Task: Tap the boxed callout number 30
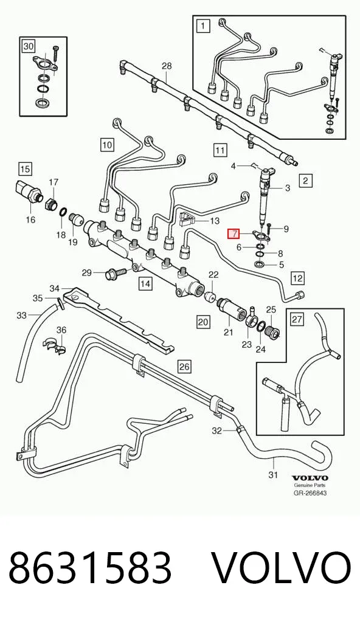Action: tap(29, 47)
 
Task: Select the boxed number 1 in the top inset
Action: tap(202, 26)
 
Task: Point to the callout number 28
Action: tap(167, 66)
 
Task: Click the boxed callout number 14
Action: tap(145, 283)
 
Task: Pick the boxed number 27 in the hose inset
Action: tap(297, 319)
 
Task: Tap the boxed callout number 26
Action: tap(184, 367)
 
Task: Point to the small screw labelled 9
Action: tap(269, 226)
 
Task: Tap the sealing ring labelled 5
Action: tap(260, 263)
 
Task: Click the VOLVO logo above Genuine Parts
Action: tap(310, 478)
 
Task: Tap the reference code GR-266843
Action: tap(310, 493)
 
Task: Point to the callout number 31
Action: tap(273, 474)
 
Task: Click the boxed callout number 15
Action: tap(25, 170)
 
